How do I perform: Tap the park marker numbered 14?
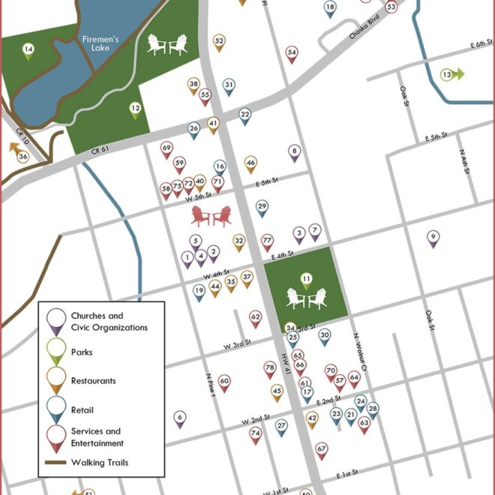(x=28, y=51)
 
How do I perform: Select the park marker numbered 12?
(x=135, y=109)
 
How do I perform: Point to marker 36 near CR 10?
(x=23, y=157)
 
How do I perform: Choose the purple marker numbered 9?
(x=433, y=238)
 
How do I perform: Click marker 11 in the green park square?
(x=306, y=280)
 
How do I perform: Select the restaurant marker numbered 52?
(x=219, y=41)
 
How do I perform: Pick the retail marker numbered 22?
(x=244, y=115)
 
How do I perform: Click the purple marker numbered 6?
(x=179, y=417)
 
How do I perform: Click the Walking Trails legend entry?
(x=104, y=463)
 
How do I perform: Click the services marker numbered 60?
(x=224, y=382)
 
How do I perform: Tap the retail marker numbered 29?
(x=262, y=207)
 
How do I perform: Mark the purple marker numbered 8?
(x=294, y=152)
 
